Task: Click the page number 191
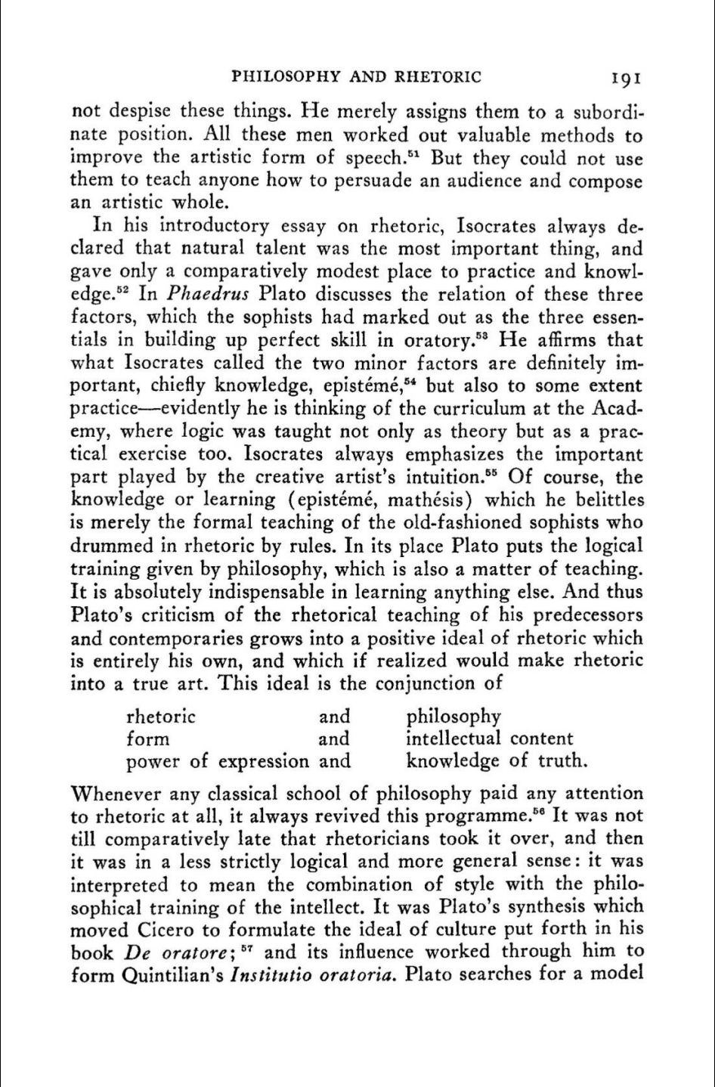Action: (627, 77)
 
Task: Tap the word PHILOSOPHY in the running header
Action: (281, 77)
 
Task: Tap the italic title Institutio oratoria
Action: (313, 975)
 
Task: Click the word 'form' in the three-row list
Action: (147, 739)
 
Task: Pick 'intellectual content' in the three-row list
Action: (489, 739)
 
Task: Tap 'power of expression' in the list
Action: (218, 761)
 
